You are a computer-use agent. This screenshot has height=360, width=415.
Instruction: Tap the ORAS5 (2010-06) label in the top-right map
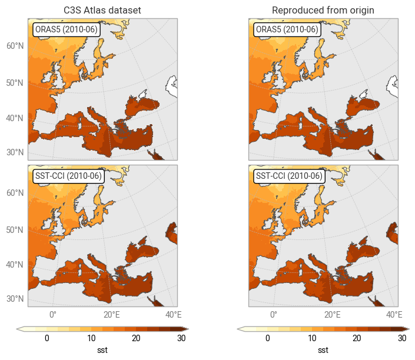[x=287, y=29]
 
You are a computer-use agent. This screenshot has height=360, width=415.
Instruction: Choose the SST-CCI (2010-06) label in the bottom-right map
[x=288, y=176]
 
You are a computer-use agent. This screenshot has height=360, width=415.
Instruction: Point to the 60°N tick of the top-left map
[x=15, y=46]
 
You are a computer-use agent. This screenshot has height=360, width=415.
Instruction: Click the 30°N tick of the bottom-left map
[x=15, y=299]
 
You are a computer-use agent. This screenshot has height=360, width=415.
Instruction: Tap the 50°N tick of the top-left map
[x=15, y=83]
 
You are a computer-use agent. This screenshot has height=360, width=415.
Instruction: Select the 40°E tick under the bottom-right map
[x=394, y=314]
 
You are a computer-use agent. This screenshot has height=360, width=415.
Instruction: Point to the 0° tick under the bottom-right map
[x=274, y=314]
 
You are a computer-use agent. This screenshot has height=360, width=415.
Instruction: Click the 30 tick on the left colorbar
[x=181, y=338]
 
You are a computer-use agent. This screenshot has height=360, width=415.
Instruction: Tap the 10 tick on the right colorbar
[x=312, y=338]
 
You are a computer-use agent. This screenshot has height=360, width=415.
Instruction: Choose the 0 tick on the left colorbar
[x=47, y=338]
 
